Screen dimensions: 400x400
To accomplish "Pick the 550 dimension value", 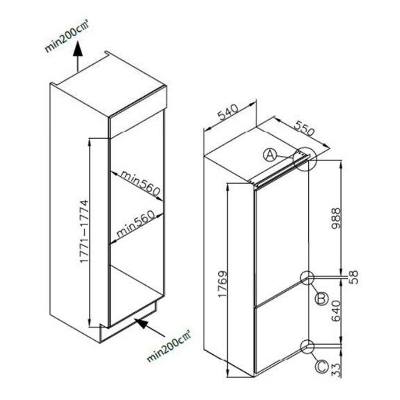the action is [x=304, y=129].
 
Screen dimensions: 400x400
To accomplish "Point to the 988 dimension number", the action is [x=336, y=218].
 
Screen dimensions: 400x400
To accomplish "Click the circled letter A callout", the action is [x=270, y=155].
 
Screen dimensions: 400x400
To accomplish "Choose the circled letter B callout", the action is [x=322, y=299].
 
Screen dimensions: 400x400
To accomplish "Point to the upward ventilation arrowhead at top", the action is [x=78, y=49].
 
